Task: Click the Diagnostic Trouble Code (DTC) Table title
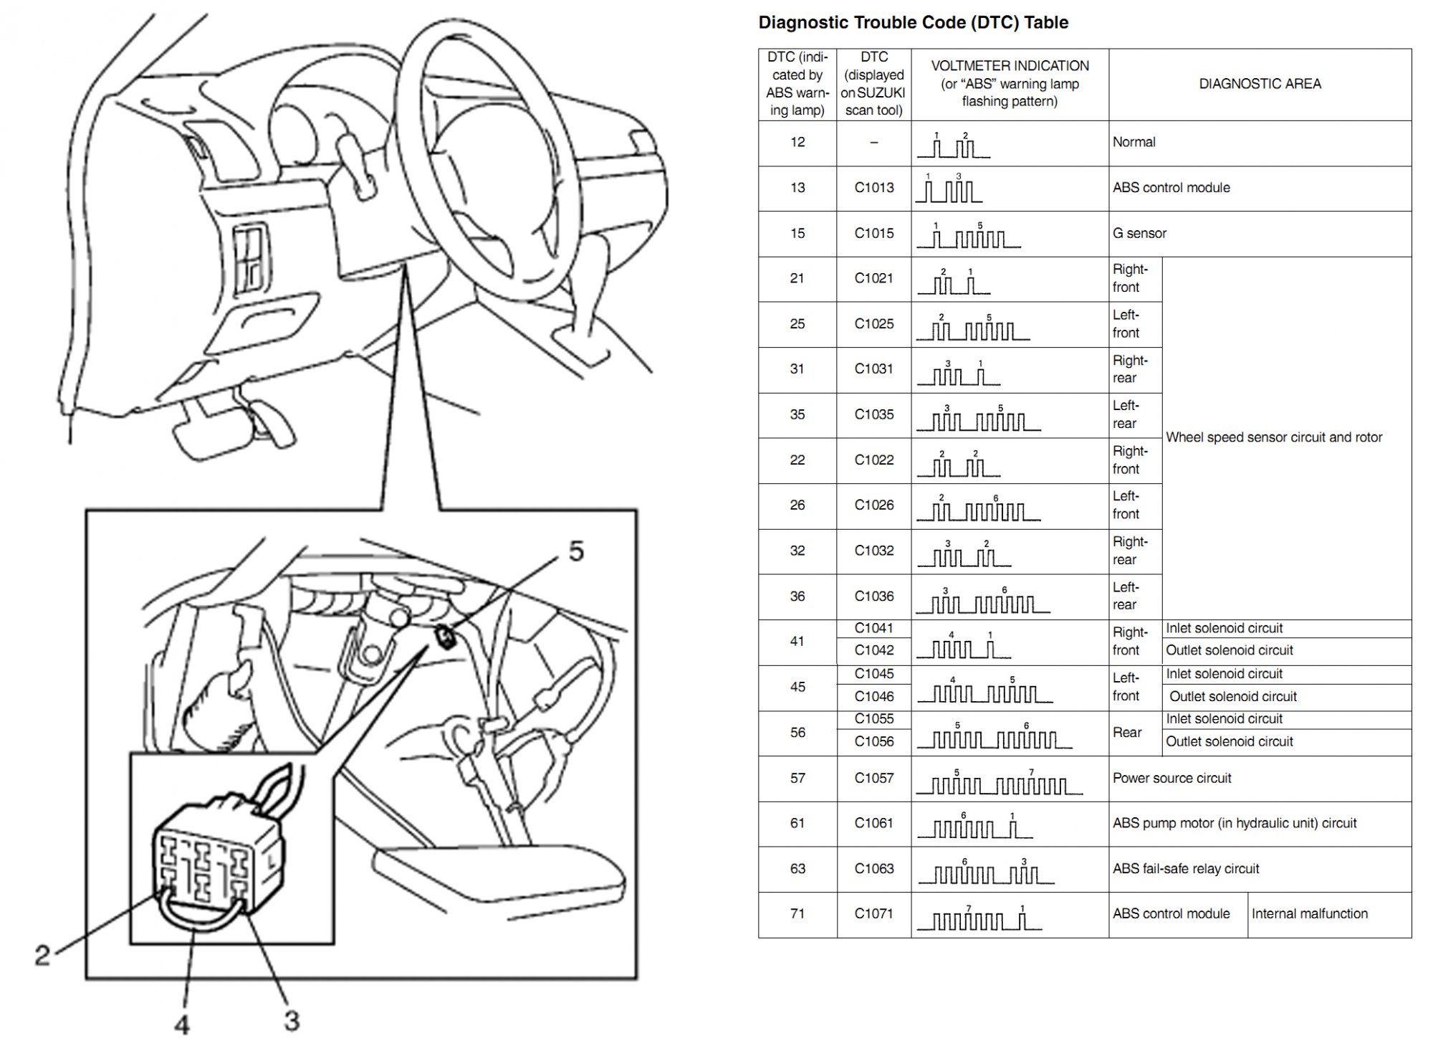click(913, 23)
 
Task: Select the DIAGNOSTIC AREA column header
click(1260, 84)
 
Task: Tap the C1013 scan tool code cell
click(874, 188)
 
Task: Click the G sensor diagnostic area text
click(1139, 234)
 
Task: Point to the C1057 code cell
click(874, 778)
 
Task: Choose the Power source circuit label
click(1171, 778)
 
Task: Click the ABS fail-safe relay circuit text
click(1185, 869)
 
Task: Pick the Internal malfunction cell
click(1309, 914)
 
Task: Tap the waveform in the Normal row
click(954, 147)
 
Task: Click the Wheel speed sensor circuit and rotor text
click(1274, 437)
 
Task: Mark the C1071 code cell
click(874, 914)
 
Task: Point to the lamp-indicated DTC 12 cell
click(797, 143)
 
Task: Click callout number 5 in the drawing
click(576, 551)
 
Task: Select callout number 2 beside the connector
click(43, 955)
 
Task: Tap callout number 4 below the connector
click(182, 1024)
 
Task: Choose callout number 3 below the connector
click(292, 1020)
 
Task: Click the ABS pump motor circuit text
click(1234, 823)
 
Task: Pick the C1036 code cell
click(874, 596)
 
